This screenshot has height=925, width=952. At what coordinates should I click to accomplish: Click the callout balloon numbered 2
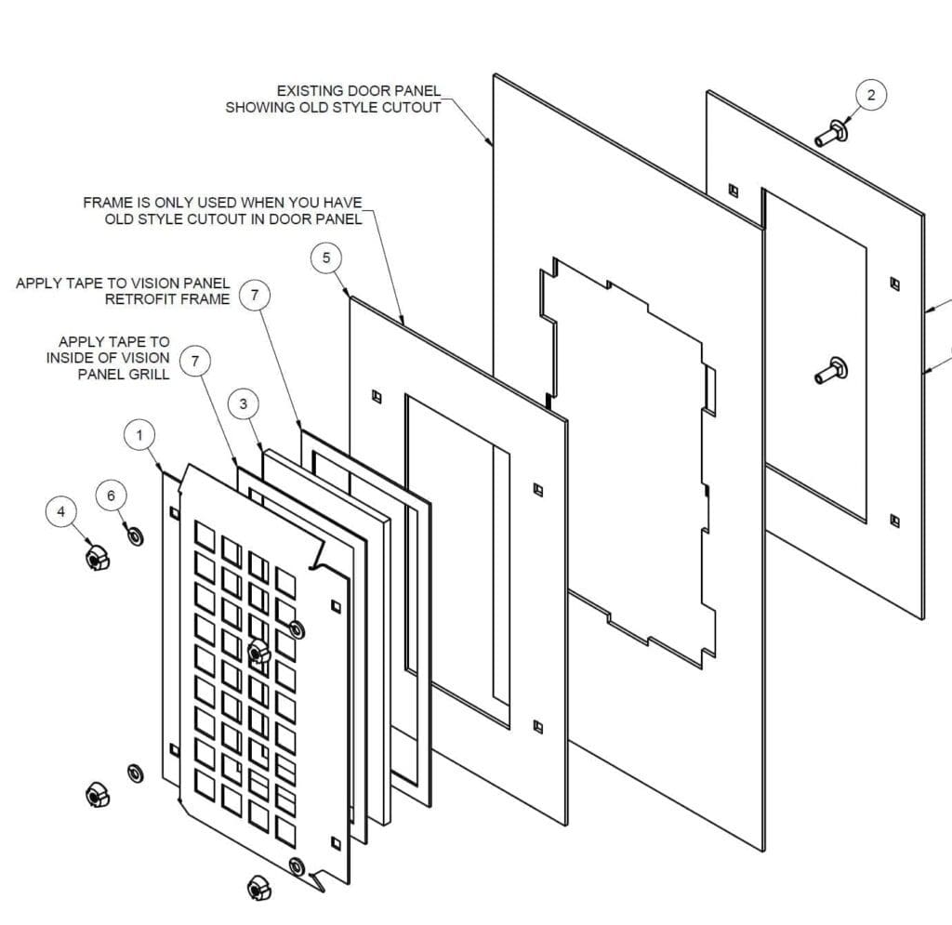(x=871, y=95)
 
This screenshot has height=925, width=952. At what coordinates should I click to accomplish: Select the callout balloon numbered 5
(x=326, y=258)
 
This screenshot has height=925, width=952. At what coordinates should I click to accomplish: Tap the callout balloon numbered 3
(x=244, y=403)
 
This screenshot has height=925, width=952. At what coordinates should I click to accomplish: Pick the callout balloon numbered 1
(x=139, y=434)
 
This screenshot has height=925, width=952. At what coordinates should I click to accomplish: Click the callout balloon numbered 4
(x=62, y=510)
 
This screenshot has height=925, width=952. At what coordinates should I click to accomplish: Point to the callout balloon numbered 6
(x=112, y=496)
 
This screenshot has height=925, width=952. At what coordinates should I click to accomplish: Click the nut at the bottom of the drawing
(x=258, y=888)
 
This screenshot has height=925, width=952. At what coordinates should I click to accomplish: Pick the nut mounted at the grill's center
(x=260, y=651)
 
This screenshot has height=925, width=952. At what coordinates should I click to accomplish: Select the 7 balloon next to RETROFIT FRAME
(x=255, y=296)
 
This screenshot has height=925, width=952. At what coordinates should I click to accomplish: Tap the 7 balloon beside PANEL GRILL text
(x=194, y=362)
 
